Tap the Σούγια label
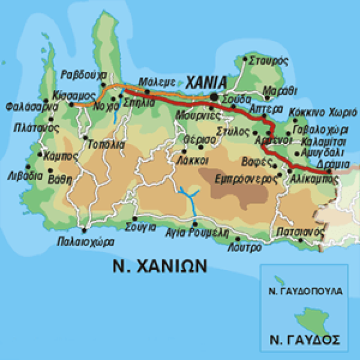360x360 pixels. tap(140, 227)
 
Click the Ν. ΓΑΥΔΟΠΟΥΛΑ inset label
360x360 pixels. tap(304, 291)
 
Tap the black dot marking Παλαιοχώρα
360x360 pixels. tap(84, 230)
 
